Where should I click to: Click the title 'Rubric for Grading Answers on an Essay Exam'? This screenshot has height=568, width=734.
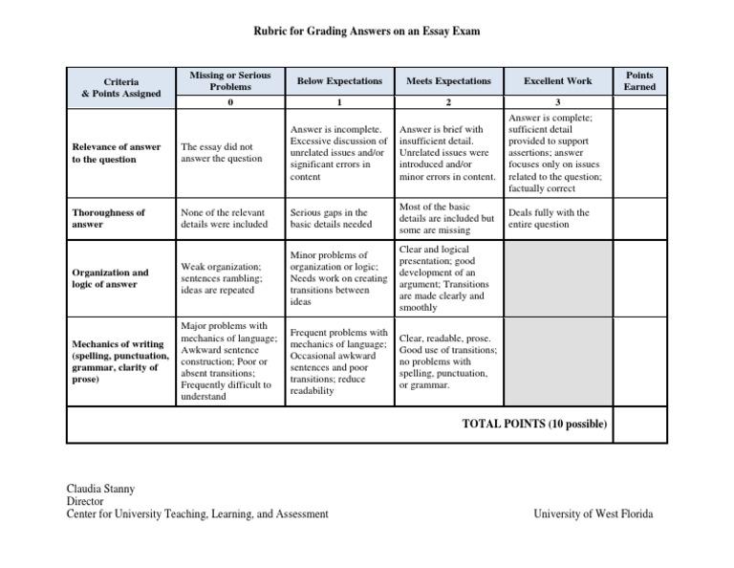[x=366, y=32]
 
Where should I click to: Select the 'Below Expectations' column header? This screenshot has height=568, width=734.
[x=338, y=82]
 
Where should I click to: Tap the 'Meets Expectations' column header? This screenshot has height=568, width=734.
[x=448, y=82]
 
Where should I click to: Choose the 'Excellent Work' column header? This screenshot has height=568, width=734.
[x=557, y=82]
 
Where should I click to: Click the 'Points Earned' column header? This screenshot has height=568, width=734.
[x=639, y=81]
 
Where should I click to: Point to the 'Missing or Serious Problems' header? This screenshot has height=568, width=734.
[x=230, y=81]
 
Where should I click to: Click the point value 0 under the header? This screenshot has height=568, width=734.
[x=230, y=101]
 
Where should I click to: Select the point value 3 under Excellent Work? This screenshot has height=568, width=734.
[x=557, y=101]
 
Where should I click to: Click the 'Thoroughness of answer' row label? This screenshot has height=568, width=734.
[x=109, y=218]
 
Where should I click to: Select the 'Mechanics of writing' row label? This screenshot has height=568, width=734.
[x=119, y=362]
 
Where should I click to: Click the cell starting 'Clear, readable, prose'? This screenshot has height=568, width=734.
[x=447, y=361]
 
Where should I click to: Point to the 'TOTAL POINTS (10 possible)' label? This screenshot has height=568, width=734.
[x=533, y=424]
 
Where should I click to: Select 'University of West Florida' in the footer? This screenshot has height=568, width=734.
[x=594, y=513]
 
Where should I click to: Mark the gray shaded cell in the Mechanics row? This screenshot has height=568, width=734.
[x=557, y=361]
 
